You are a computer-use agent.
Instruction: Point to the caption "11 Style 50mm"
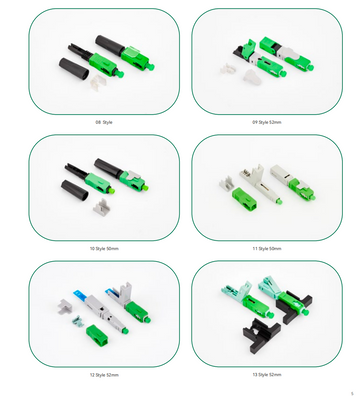click(266, 247)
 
